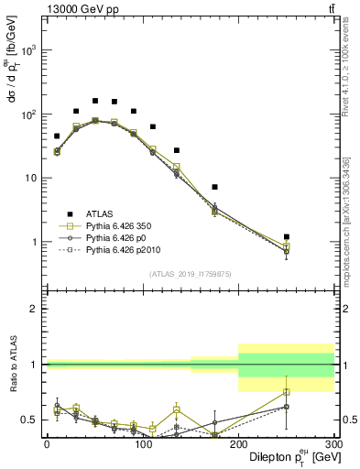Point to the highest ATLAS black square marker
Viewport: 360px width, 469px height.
click(95, 101)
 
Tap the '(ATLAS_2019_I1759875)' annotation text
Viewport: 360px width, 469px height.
click(191, 273)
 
